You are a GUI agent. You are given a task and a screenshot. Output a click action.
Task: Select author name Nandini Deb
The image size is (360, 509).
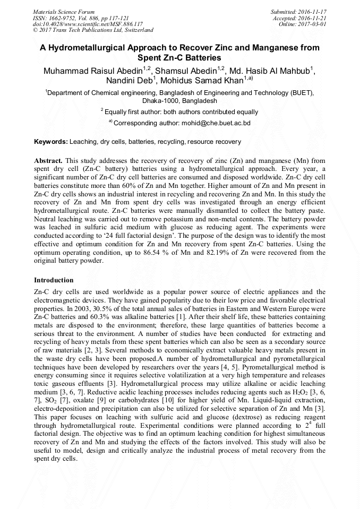coord(129,80)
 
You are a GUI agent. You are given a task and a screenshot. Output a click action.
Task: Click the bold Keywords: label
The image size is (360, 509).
coord(51,142)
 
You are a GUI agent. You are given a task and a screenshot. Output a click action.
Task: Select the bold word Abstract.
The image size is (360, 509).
coord(48,160)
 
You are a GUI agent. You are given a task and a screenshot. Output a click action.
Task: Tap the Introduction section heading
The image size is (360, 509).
coord(54,280)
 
